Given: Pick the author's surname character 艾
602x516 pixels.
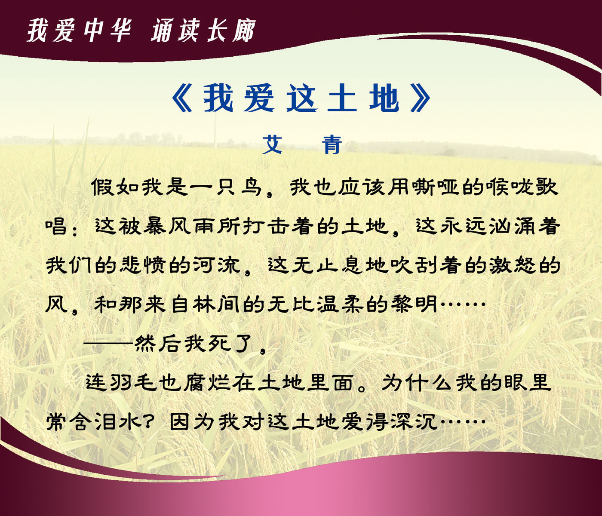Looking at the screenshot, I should click(272, 144).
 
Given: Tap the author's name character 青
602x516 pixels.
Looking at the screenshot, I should click(332, 144).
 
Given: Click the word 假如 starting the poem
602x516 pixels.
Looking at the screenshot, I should click(116, 187).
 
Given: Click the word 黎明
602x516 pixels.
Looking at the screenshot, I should click(414, 304).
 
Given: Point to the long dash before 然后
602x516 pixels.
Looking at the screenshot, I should click(108, 344).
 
